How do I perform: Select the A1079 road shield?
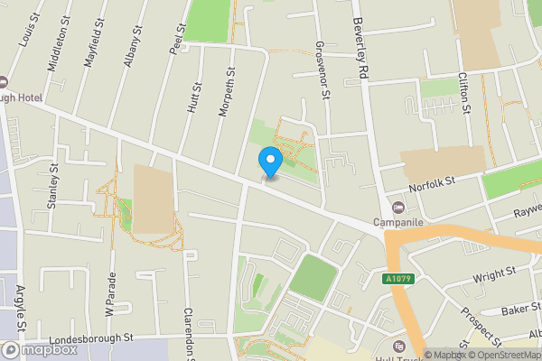[x=397, y=279]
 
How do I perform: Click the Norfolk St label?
[x=429, y=184]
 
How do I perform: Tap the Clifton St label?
[x=465, y=94]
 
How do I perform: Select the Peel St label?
[x=176, y=40]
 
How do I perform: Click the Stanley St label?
[x=53, y=186]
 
